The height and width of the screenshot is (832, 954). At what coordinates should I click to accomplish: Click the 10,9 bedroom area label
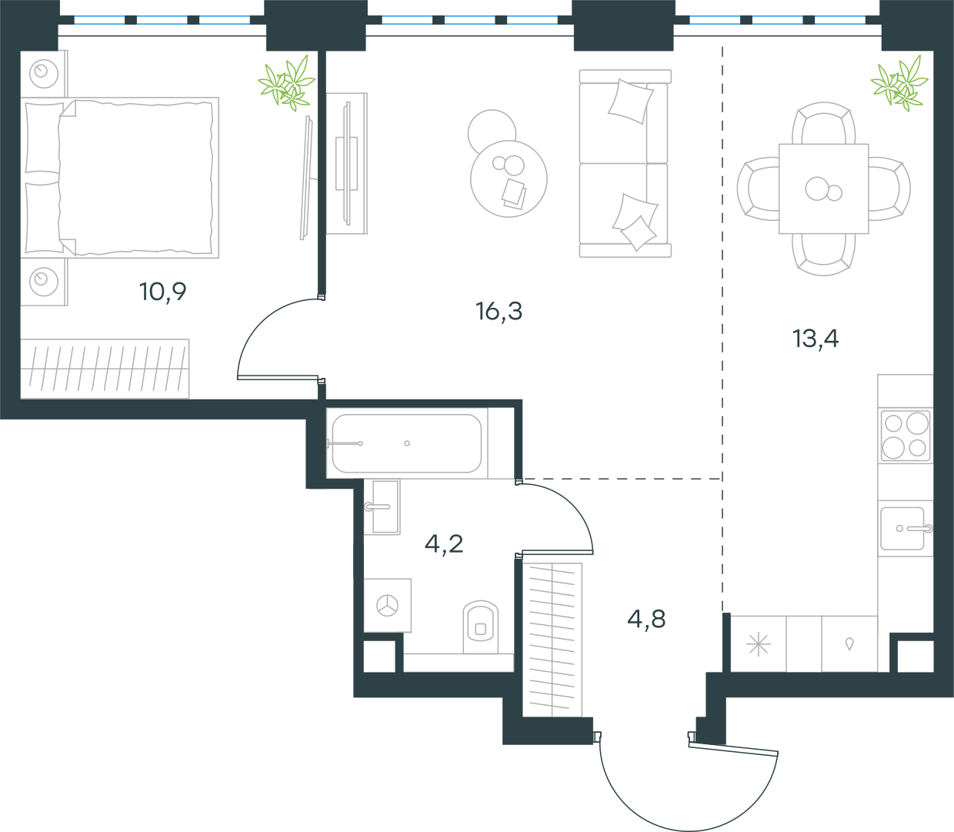tap(163, 292)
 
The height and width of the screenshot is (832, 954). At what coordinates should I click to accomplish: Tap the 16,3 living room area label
tap(499, 311)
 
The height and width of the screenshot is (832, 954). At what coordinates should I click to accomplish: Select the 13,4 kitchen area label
tap(816, 339)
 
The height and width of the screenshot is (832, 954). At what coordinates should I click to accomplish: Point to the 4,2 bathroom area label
tap(444, 544)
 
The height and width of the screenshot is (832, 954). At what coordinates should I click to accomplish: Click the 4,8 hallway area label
tap(646, 619)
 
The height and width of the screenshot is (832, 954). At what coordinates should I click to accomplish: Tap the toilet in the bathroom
tap(480, 627)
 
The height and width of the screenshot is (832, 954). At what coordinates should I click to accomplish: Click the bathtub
tap(406, 443)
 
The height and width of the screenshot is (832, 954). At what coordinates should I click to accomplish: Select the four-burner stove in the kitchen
tap(905, 436)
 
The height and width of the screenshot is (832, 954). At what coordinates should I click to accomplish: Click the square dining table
tap(823, 189)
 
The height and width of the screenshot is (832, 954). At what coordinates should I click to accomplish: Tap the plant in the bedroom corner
tap(286, 83)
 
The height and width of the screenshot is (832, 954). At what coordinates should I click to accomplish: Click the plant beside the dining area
tap(899, 83)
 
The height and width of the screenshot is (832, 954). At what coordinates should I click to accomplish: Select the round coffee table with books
tap(509, 179)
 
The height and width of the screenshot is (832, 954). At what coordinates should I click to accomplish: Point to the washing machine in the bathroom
tap(387, 606)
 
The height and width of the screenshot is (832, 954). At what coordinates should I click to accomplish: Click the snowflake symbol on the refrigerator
tap(758, 644)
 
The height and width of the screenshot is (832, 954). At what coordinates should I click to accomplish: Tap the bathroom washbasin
tap(382, 506)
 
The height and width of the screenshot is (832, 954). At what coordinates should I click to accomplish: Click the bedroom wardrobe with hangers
tap(105, 369)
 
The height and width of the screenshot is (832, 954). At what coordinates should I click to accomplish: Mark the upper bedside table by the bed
tap(44, 74)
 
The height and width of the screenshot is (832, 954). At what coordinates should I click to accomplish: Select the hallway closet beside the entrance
tap(552, 640)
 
